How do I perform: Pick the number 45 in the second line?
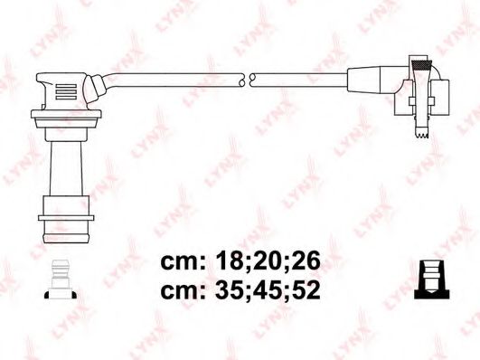267,292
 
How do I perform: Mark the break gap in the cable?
247,79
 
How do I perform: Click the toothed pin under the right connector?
419,133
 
